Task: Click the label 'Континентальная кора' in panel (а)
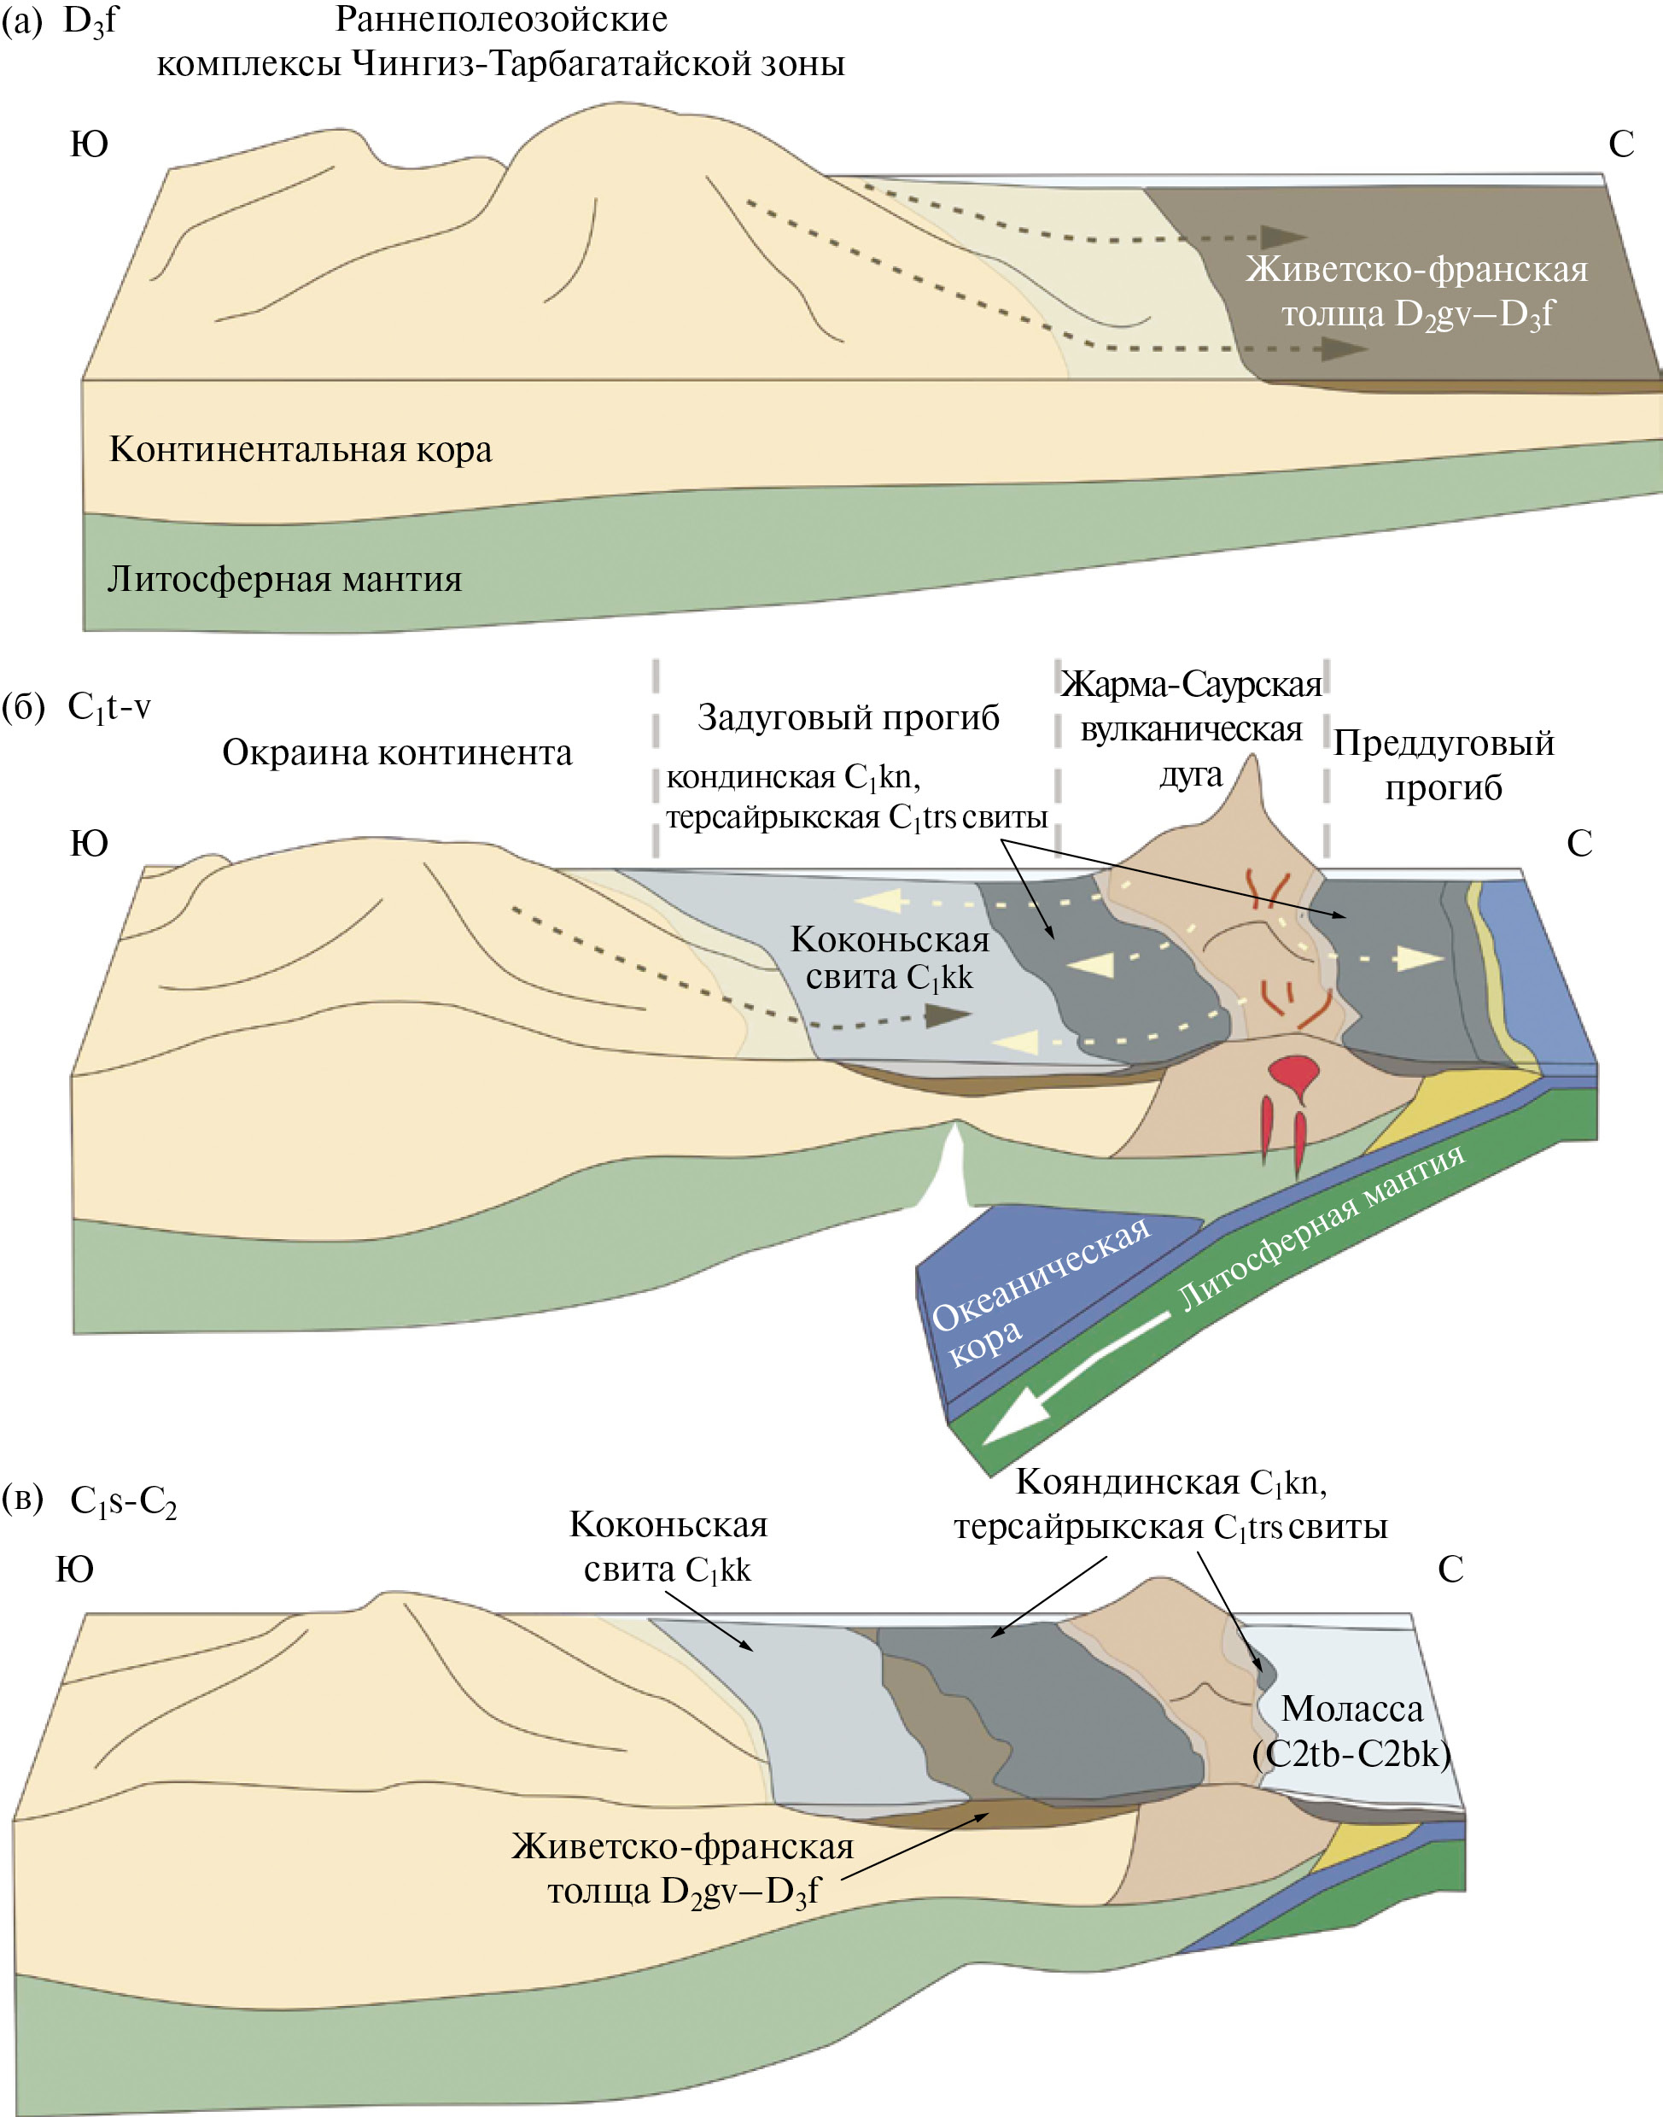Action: [300, 450]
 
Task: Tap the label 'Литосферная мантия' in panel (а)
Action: [284, 579]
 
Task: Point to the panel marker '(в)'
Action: [23, 1499]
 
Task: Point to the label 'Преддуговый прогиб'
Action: [1443, 764]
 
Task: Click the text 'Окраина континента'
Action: [396, 752]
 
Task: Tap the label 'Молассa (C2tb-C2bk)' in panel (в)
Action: [1351, 1730]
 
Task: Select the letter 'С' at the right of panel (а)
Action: [1620, 145]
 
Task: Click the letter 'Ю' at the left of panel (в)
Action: [74, 1570]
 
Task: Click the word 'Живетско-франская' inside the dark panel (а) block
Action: [1415, 270]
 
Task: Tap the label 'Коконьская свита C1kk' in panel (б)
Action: [889, 958]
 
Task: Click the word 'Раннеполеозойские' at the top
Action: [501, 20]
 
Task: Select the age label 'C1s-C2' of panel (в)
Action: [124, 1501]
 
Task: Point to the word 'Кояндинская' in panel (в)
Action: [1128, 1482]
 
